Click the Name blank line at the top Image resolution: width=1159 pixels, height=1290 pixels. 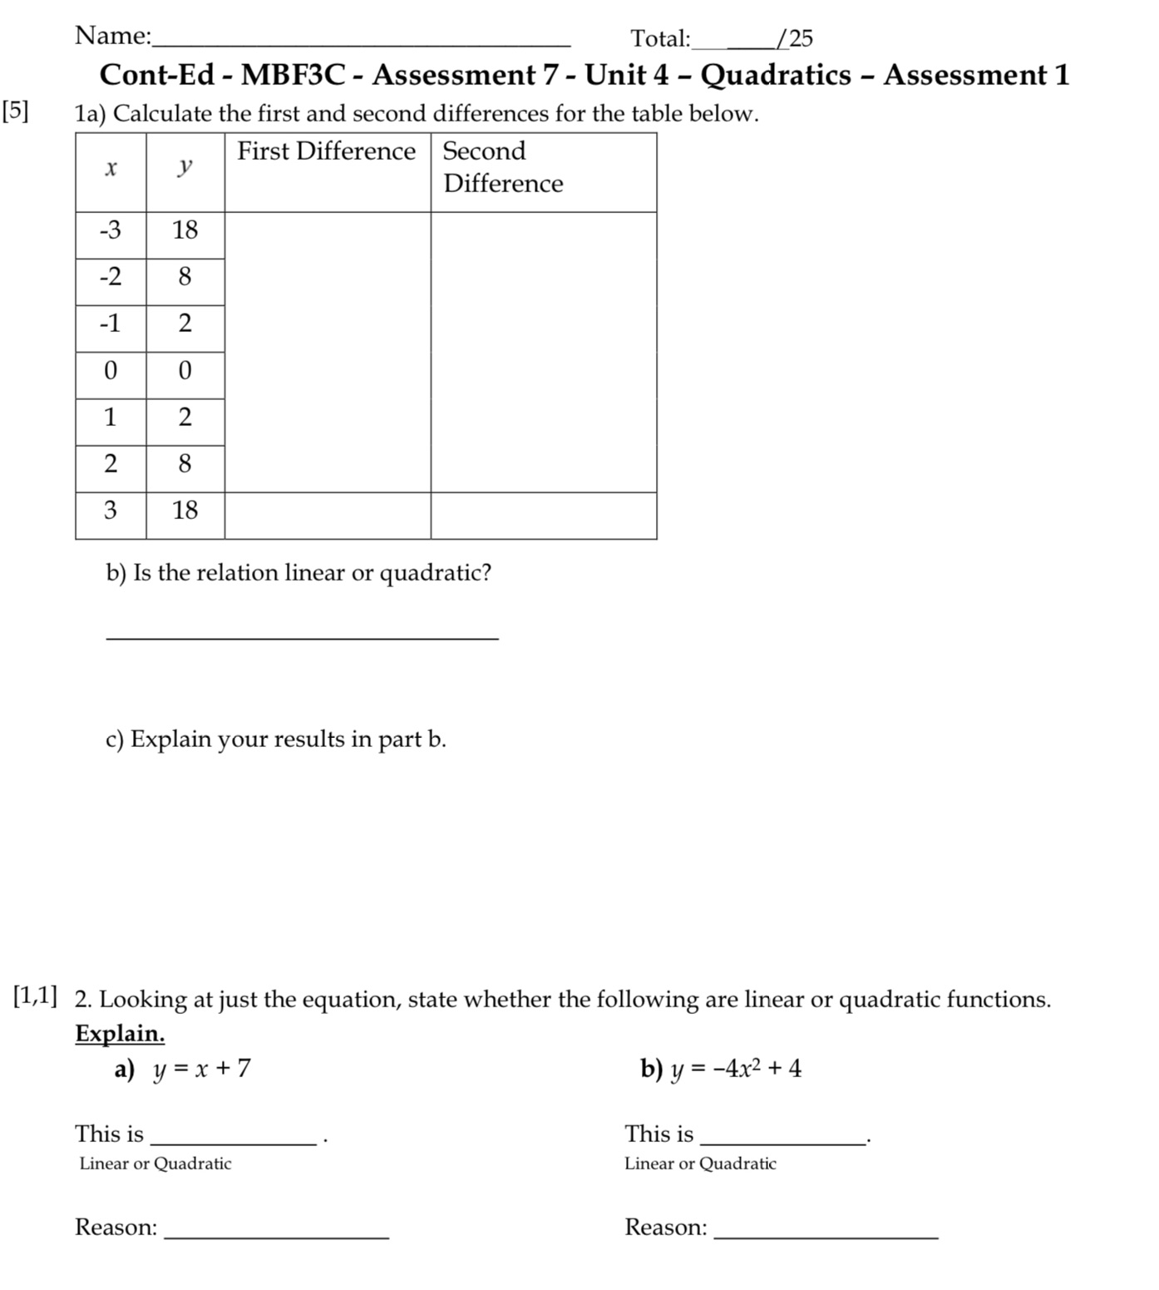[x=362, y=42]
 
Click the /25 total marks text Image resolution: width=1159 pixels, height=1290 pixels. [x=795, y=38]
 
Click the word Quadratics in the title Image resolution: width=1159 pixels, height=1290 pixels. [x=776, y=75]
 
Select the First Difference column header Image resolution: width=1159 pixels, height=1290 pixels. [x=327, y=151]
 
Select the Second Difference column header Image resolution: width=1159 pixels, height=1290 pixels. [x=502, y=167]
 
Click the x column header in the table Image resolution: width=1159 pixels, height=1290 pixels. [x=111, y=169]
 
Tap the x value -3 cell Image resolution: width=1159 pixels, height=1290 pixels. [x=111, y=230]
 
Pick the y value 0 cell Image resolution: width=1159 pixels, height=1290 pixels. [x=185, y=370]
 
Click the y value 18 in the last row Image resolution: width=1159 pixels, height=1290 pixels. [x=185, y=510]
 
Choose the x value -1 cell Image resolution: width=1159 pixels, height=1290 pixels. [x=111, y=324]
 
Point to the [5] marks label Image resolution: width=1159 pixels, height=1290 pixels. [x=15, y=111]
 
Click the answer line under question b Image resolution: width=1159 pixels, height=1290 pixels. [x=303, y=636]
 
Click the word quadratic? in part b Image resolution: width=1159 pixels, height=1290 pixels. [x=436, y=573]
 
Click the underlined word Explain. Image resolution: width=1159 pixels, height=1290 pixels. [x=120, y=1034]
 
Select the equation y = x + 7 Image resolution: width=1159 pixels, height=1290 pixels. [x=201, y=1069]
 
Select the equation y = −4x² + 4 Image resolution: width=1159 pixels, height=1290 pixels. [x=736, y=1069]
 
